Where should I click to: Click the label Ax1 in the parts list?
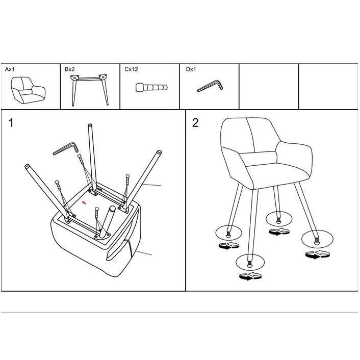click(10, 69)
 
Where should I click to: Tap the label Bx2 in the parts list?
click(70, 69)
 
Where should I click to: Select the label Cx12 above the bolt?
click(131, 69)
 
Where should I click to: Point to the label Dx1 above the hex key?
click(191, 69)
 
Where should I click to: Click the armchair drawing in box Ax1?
click(28, 90)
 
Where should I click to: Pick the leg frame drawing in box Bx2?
click(90, 90)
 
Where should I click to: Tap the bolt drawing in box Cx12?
click(151, 88)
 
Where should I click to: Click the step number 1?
click(11, 122)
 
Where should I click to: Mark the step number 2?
click(195, 122)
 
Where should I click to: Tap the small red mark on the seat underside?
click(84, 202)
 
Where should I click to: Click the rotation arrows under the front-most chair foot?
click(250, 276)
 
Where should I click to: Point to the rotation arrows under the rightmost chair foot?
click(318, 255)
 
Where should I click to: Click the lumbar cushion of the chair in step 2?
click(259, 159)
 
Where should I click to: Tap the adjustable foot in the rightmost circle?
click(317, 241)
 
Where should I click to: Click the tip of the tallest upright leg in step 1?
click(90, 125)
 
